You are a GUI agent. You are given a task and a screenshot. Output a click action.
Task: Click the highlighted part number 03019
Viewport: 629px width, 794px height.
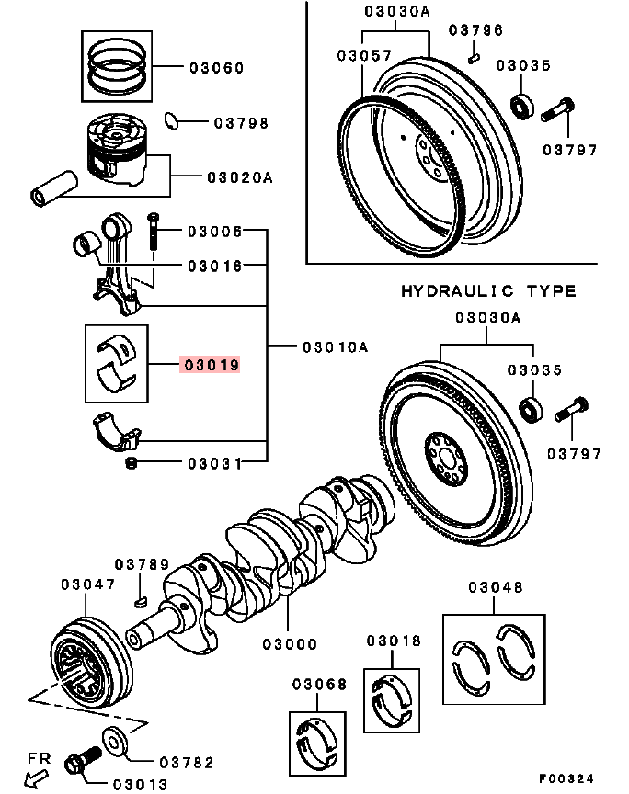click(x=212, y=365)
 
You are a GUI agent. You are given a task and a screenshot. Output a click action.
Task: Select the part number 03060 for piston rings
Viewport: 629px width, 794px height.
click(x=217, y=68)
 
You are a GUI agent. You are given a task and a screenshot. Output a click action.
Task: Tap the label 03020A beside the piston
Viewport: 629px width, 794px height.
click(x=239, y=177)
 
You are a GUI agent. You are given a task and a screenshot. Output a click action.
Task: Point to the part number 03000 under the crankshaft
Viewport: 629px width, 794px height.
click(x=289, y=644)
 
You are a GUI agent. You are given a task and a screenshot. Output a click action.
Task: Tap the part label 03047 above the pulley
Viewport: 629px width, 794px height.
click(x=88, y=584)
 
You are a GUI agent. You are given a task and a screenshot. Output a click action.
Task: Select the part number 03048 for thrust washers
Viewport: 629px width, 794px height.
click(x=495, y=587)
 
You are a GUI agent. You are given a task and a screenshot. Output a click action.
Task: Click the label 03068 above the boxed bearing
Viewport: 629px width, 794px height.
click(x=320, y=685)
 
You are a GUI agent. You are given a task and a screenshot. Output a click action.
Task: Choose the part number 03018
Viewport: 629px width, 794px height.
click(x=394, y=641)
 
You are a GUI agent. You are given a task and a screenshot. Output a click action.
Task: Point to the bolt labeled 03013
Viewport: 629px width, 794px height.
click(x=81, y=763)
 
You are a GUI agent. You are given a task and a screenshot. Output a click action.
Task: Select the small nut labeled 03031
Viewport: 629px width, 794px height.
click(x=131, y=462)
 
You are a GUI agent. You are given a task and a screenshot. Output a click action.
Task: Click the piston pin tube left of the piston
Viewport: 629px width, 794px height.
click(x=52, y=187)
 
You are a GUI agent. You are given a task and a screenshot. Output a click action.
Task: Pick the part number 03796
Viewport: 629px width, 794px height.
click(x=476, y=30)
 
